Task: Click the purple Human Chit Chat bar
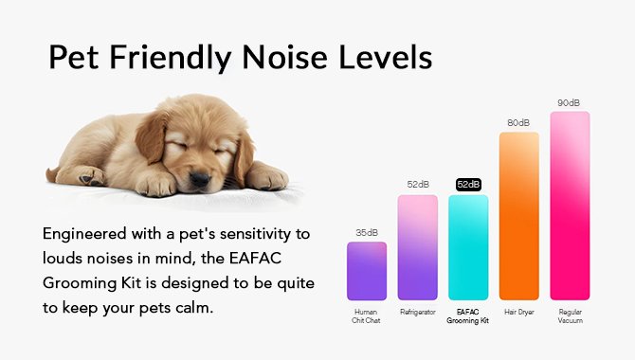367,271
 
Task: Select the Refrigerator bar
418,247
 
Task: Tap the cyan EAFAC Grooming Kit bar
468,247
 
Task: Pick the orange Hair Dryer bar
519,216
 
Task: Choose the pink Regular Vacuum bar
571,206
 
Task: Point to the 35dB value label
367,232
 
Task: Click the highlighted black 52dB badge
468,184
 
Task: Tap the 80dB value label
519,122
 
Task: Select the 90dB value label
571,102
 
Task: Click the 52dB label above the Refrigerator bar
418,184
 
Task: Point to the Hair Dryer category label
519,311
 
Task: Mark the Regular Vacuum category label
571,315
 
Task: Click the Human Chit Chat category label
367,315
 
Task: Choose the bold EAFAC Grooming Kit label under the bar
468,315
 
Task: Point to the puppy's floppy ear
153,137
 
